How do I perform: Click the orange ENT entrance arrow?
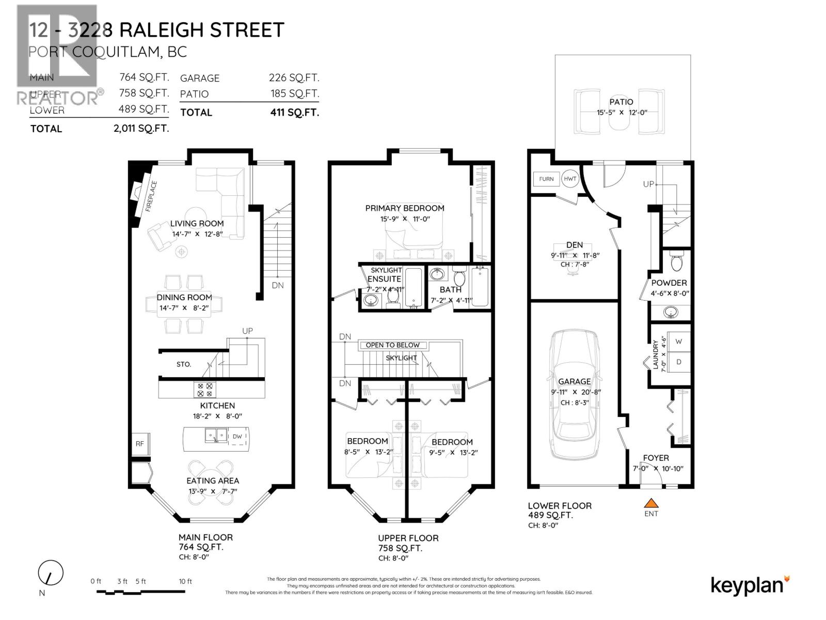pyautogui.click(x=652, y=503)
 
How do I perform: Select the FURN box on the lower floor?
pyautogui.click(x=546, y=179)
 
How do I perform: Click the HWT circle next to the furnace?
pyautogui.click(x=570, y=179)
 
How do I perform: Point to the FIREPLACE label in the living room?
pyautogui.click(x=151, y=196)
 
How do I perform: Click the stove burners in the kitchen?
pyautogui.click(x=205, y=389)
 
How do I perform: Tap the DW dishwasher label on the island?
pyautogui.click(x=237, y=437)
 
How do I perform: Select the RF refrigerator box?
pyautogui.click(x=140, y=444)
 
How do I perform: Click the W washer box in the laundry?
pyautogui.click(x=678, y=342)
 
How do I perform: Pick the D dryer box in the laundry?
pyautogui.click(x=678, y=362)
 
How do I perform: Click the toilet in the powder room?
pyautogui.click(x=676, y=262)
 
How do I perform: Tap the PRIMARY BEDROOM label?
pyautogui.click(x=404, y=208)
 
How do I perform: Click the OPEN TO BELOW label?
pyautogui.click(x=393, y=345)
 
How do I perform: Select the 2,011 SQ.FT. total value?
pyautogui.click(x=141, y=129)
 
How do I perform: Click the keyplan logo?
pyautogui.click(x=750, y=585)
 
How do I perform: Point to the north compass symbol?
pyautogui.click(x=51, y=574)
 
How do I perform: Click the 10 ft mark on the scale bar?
pyautogui.click(x=185, y=582)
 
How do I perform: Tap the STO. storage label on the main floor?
pyautogui.click(x=184, y=364)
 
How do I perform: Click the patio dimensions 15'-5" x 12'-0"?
pyautogui.click(x=621, y=113)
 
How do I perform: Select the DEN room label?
pyautogui.click(x=574, y=245)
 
